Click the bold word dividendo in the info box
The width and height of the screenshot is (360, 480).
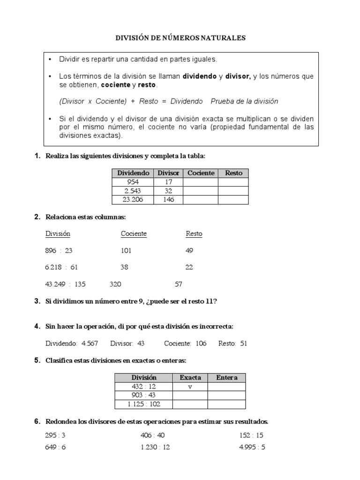(x=199, y=76)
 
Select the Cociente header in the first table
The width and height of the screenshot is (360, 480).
(x=201, y=173)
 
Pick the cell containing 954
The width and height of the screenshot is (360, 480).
(x=133, y=182)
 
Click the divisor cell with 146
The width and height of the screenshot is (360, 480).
(x=169, y=200)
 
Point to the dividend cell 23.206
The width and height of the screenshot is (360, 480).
(x=133, y=200)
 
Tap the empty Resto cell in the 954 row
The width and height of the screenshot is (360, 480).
(x=233, y=182)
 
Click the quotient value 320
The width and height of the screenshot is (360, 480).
(x=115, y=284)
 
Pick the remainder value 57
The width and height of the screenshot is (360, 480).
(x=178, y=284)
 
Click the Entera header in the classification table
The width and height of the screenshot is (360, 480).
(x=226, y=378)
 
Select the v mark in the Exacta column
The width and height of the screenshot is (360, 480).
(x=190, y=387)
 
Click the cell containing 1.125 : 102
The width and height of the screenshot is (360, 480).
(x=144, y=404)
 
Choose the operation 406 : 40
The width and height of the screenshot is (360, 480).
(x=153, y=435)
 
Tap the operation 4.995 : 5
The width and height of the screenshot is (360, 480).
(x=252, y=447)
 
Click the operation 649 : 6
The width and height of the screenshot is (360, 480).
(x=56, y=447)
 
